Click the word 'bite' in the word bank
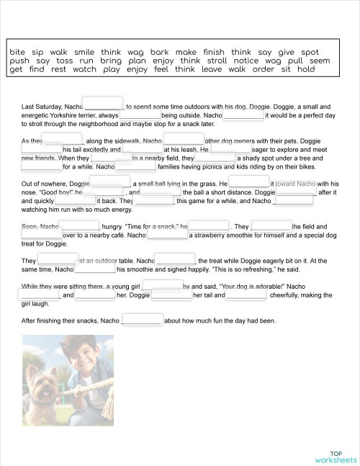(x=17, y=53)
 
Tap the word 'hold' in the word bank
(x=306, y=70)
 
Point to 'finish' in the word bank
(x=214, y=53)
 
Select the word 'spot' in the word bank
(x=310, y=53)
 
